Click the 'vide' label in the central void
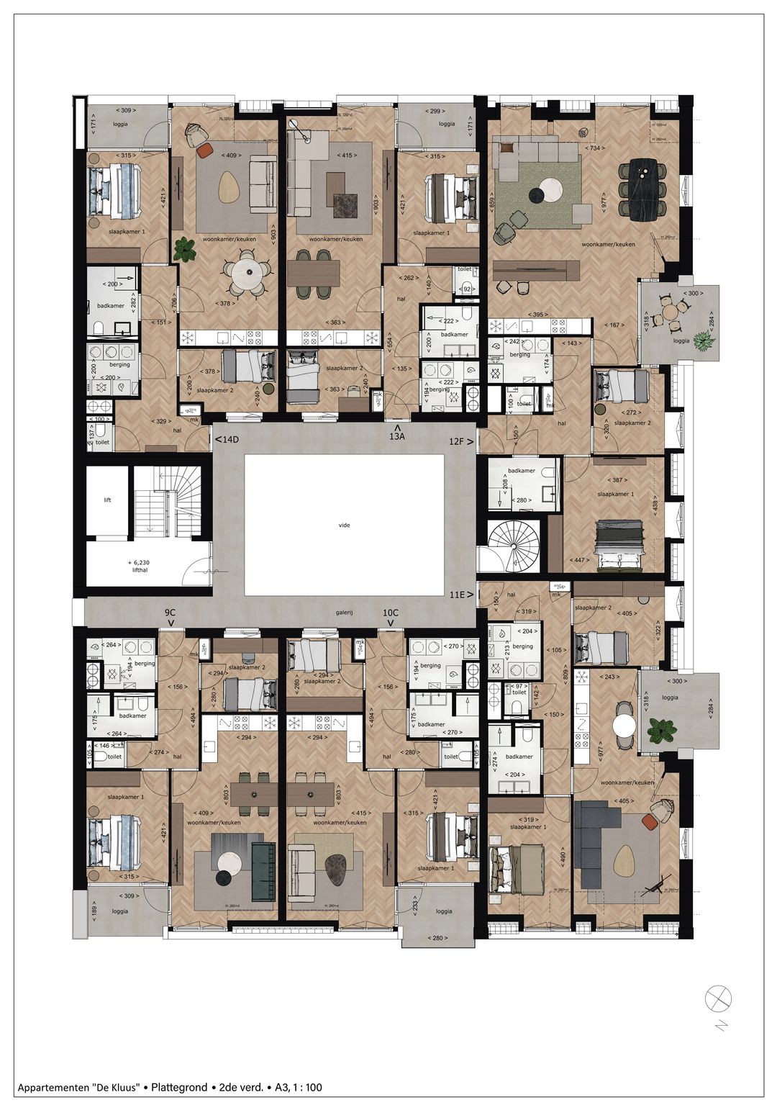tap(344, 525)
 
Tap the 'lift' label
tap(108, 500)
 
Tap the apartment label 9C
tap(171, 614)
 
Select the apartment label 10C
tap(391, 614)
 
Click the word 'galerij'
tap(345, 614)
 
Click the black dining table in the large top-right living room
tap(645, 190)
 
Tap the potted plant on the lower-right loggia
tap(660, 731)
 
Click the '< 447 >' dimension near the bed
tap(578, 560)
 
